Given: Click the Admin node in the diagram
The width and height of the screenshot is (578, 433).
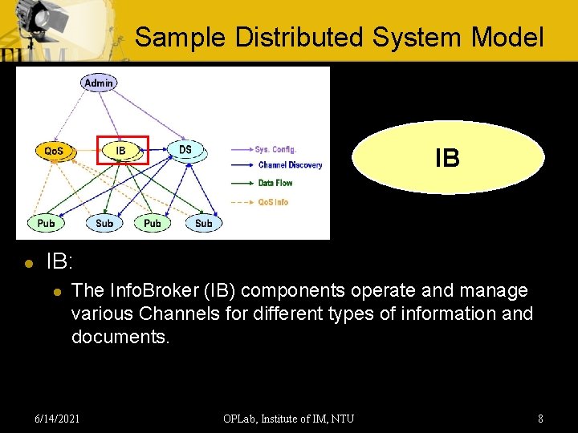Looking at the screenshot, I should coord(98,83).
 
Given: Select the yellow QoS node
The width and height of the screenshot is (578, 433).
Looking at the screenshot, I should coord(54,151).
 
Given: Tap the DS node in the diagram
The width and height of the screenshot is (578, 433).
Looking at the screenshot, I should coord(185,150).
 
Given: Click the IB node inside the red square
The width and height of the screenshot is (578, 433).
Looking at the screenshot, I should coord(121,151).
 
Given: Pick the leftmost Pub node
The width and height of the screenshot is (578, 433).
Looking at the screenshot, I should coord(46,223).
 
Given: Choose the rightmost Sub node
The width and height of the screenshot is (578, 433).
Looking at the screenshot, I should coord(204,223).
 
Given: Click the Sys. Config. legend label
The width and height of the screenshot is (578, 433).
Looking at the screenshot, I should coord(275,149).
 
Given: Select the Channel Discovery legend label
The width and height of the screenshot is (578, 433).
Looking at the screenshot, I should coord(290,165).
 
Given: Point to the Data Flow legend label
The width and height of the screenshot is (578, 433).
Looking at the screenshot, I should coord(275,183).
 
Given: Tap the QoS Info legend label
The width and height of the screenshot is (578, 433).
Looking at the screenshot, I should coord(273,202).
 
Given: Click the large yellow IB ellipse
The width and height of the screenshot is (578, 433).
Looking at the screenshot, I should coord(447,158).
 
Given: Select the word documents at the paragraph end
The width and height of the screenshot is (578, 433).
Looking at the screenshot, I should coord(120,337).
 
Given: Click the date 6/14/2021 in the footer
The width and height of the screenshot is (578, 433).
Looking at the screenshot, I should coord(57,419).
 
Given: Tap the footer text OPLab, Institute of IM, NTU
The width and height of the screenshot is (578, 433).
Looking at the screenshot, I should coord(289,419).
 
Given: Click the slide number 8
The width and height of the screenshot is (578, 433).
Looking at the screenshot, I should coord(540,419).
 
